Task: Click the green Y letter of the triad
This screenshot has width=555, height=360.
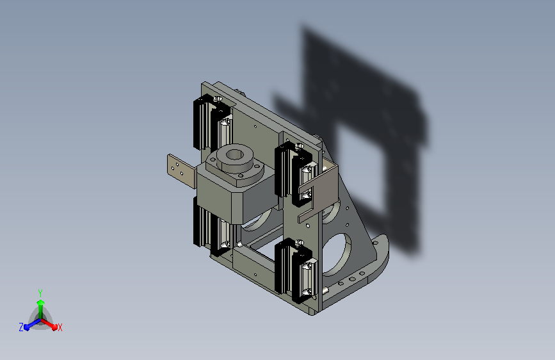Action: pos(40,293)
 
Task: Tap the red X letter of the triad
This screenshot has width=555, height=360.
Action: pos(60,327)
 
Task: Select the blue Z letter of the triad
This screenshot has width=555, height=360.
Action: pos(21,327)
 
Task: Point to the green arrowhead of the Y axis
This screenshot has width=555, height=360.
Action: pos(41,302)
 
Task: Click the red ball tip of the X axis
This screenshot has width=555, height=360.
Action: pos(54,327)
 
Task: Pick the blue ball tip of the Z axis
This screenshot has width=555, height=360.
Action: pos(27,327)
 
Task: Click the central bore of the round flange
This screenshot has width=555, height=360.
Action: pos(234,155)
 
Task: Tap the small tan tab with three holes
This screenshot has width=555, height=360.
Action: pos(181,172)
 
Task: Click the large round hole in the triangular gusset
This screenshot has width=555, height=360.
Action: pos(337,254)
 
